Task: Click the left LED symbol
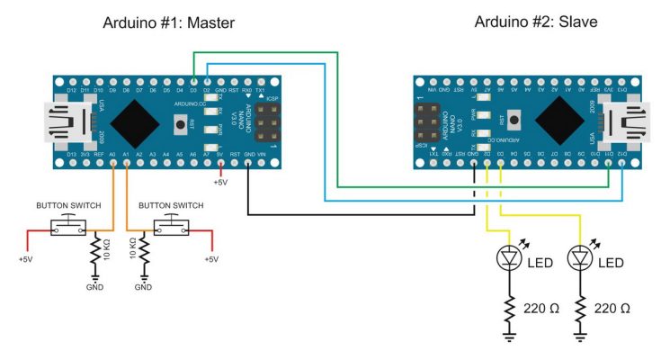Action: pyautogui.click(x=509, y=258)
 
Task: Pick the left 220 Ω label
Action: pyautogui.click(x=541, y=308)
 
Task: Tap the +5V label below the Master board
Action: pyautogui.click(x=219, y=183)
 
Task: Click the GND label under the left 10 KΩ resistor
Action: pyautogui.click(x=94, y=287)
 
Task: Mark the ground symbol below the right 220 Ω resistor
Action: pyautogui.click(x=580, y=337)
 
